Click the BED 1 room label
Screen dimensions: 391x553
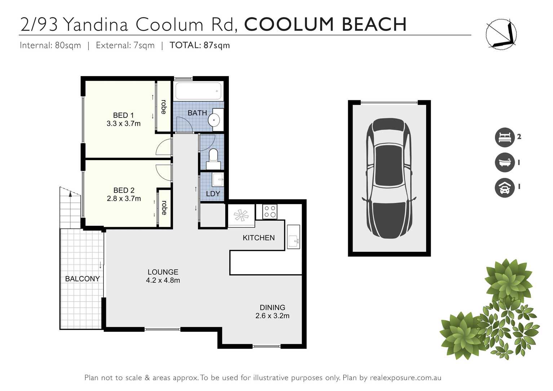pos(123,115)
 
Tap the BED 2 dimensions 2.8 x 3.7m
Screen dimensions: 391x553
pos(124,198)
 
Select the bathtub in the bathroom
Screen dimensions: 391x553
pos(198,91)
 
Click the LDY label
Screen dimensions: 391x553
pos(213,194)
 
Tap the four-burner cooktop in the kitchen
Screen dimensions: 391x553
pos(270,212)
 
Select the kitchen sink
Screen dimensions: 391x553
pos(293,237)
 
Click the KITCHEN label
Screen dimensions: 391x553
pos(258,238)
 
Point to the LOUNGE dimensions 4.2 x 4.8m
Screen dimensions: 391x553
pos(163,280)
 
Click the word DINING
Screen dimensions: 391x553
pos(272,307)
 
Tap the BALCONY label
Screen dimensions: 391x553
pos(82,279)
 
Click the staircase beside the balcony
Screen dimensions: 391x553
pos(70,209)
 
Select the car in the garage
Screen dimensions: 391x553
pos(389,178)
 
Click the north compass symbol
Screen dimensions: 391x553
pos(501,35)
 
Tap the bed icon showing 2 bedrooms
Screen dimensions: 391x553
pos(504,137)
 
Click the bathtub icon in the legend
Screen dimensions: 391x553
pos(504,162)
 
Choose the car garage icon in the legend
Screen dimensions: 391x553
pos(504,188)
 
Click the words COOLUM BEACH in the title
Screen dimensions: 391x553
pos(325,25)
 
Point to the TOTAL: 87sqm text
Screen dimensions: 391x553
pos(199,45)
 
